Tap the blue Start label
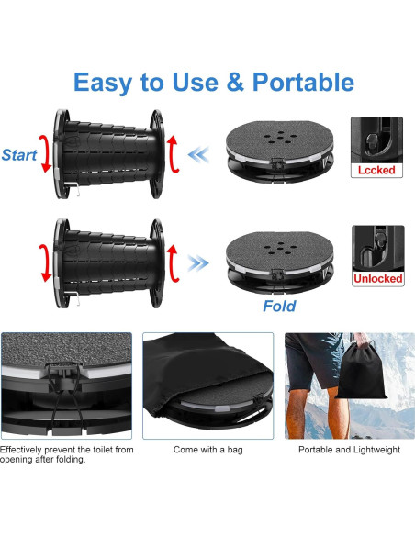coord(19,155)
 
